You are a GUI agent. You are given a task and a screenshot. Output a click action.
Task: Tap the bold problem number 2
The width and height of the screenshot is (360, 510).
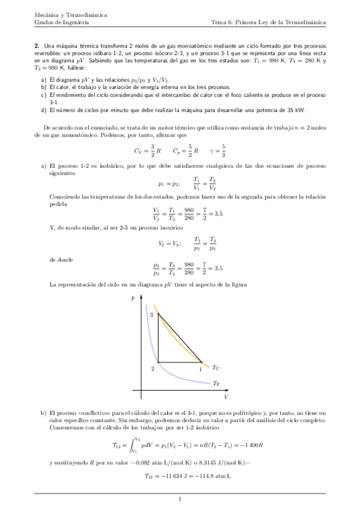point(37,46)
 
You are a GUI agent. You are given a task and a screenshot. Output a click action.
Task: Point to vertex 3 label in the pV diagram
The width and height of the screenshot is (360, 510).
point(151,315)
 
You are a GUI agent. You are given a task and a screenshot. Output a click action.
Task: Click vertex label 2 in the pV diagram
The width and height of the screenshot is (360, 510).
point(151,367)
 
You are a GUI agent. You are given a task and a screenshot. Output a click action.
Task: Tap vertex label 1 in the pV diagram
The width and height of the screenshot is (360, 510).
point(201,368)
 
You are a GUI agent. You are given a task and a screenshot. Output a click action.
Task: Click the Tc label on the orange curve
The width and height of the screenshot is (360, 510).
point(216,367)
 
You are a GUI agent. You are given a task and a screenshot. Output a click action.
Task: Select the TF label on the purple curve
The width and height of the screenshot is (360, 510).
point(216,382)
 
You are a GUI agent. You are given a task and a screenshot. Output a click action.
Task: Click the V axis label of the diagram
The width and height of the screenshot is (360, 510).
point(226,398)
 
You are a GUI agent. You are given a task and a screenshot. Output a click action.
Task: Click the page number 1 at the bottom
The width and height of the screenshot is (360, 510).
point(180,499)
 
